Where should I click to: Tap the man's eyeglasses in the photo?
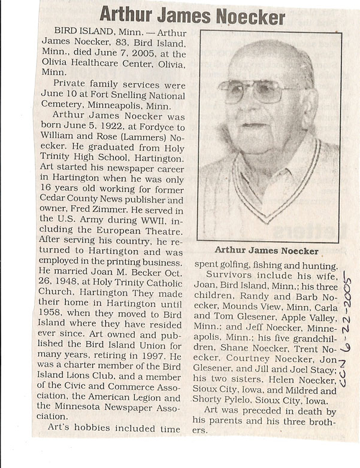pyautogui.click(x=256, y=90)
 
